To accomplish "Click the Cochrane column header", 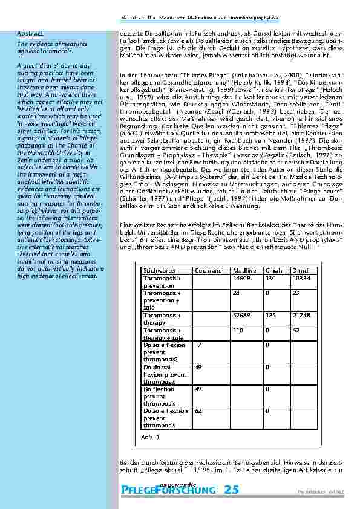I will [208, 271].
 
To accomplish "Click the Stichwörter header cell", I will [158, 271].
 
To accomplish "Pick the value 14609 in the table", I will [241, 278].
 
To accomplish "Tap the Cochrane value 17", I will [198, 345].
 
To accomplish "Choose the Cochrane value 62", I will [198, 410].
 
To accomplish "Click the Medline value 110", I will [238, 330].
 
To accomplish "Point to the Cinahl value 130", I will [270, 278].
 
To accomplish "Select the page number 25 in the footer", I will [231, 490].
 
